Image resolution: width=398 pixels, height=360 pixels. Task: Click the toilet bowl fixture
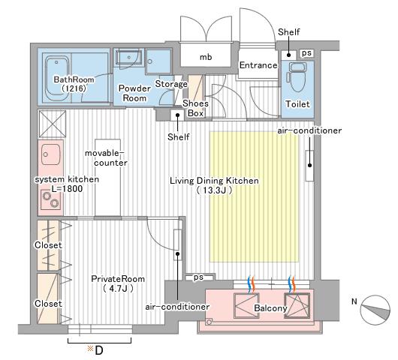coord(297,76)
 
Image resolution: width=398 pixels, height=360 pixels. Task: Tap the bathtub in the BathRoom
coord(57,78)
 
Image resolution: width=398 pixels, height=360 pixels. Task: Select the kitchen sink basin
coord(51,154)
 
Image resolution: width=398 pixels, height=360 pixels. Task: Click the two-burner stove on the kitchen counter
coord(51,199)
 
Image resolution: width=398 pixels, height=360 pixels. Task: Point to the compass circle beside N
coord(375,310)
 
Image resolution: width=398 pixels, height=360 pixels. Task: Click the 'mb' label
coord(206,57)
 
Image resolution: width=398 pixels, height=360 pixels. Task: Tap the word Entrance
coord(258,65)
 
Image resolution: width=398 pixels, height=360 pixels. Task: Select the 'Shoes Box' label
coord(195,108)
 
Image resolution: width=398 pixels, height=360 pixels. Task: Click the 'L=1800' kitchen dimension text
coord(67,189)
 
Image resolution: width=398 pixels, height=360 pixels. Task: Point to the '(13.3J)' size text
coord(215,190)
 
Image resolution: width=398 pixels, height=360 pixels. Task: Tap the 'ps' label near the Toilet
coord(306,53)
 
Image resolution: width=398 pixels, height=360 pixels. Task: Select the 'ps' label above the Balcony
coord(198,277)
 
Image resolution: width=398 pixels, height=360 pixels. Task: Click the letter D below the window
coord(99,350)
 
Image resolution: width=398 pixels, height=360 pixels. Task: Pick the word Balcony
coord(270,308)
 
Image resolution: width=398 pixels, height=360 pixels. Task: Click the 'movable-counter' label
coord(106,157)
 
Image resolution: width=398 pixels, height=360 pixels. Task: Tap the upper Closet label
coord(48,245)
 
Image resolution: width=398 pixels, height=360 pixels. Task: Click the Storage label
coord(171,84)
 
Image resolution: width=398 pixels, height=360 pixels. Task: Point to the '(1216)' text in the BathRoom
coord(74,88)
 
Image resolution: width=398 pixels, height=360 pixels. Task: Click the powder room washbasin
coord(128,58)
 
